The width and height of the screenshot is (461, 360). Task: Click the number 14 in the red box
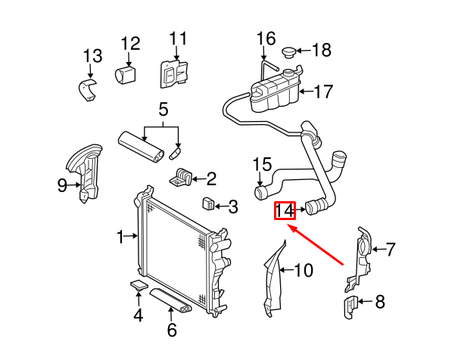(284, 210)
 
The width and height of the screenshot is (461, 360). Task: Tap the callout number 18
(321, 51)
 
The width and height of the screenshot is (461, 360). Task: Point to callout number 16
(266, 38)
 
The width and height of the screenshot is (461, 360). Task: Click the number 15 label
(261, 164)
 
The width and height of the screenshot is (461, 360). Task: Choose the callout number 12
(130, 43)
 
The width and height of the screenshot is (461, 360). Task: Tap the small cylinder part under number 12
(125, 75)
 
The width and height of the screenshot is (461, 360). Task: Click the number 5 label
(162, 110)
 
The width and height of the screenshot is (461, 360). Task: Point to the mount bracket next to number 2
(182, 179)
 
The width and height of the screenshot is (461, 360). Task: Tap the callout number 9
(62, 184)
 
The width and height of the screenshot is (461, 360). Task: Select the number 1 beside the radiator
(120, 237)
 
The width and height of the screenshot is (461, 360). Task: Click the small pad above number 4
(139, 285)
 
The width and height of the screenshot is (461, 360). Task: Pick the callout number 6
(171, 330)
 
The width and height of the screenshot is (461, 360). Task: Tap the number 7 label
(391, 247)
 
